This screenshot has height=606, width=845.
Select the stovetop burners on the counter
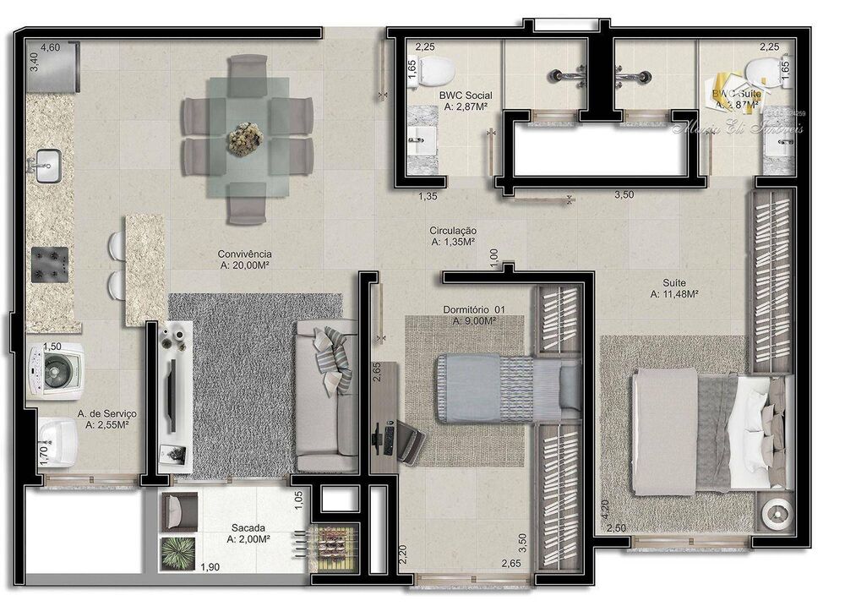[x=47, y=264]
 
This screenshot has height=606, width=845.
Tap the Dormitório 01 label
[x=474, y=310]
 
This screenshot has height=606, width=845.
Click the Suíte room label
[x=673, y=283]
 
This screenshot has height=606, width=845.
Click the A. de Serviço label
[x=106, y=414]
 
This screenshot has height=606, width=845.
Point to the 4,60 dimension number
[x=51, y=47]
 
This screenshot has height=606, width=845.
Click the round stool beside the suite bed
[x=775, y=512]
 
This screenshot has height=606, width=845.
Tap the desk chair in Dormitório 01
[x=410, y=439]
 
